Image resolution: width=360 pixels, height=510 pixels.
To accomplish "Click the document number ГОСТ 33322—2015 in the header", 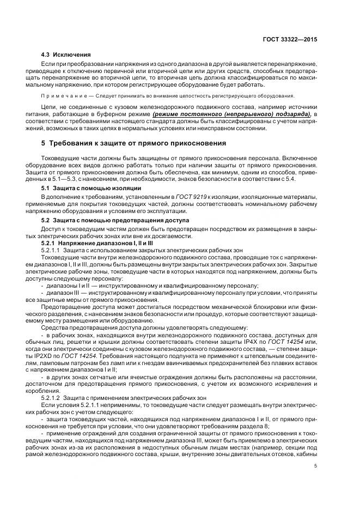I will coord(293,39).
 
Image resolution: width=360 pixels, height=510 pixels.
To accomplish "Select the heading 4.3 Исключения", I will coord(65,56).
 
